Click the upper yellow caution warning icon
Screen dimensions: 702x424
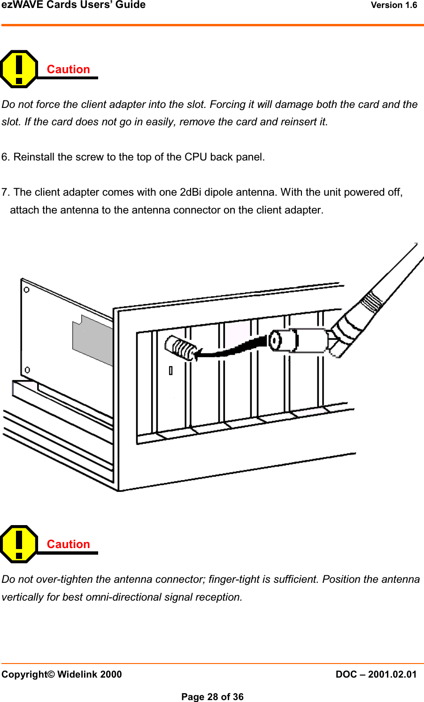coord(19,69)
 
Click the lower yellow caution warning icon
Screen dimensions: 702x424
coord(19,544)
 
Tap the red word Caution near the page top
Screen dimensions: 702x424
coord(68,69)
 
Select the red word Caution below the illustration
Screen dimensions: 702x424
coord(68,544)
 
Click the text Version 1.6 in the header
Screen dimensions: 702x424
coord(393,5)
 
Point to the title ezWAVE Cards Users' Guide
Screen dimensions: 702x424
coord(73,5)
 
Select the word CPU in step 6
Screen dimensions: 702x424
coord(195,157)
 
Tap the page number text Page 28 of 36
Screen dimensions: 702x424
coord(212,697)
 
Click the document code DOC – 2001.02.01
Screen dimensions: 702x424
coord(376,674)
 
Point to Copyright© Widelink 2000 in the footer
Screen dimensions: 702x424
coord(62,674)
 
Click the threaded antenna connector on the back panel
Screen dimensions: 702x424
coord(180,348)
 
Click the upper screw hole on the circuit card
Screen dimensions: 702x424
coord(27,290)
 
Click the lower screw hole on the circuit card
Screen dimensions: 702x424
coord(27,370)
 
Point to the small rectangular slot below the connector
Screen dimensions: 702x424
coord(170,371)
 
